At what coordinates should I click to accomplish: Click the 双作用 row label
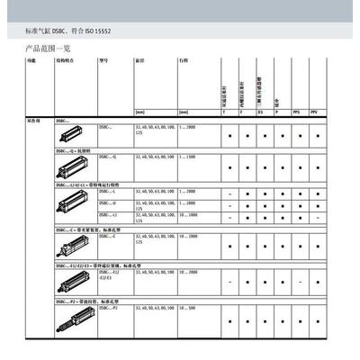coord(31,120)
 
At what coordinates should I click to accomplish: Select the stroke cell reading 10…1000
coord(191,216)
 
